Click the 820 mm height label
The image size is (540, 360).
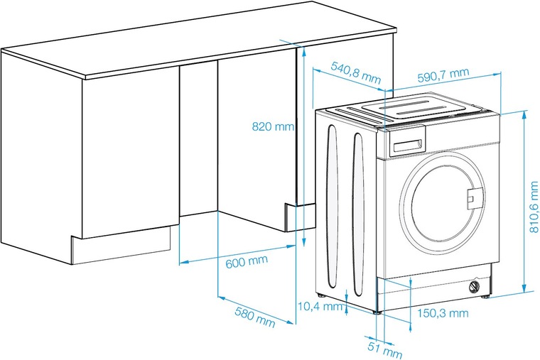pos(273,126)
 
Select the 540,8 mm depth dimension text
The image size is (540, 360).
pos(356,73)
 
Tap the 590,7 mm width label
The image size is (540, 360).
pos(443,75)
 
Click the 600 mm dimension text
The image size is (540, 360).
pos(247,261)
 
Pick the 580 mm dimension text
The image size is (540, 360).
pos(255,317)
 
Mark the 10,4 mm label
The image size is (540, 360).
pos(320,306)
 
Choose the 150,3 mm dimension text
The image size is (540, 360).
pos(443,313)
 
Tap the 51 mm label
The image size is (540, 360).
pos(384,350)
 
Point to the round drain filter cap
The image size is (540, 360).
pos(475,286)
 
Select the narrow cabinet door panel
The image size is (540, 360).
pos(198,138)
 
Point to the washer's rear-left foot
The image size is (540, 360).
pos(321,295)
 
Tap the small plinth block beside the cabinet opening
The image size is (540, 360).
pos(300,217)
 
